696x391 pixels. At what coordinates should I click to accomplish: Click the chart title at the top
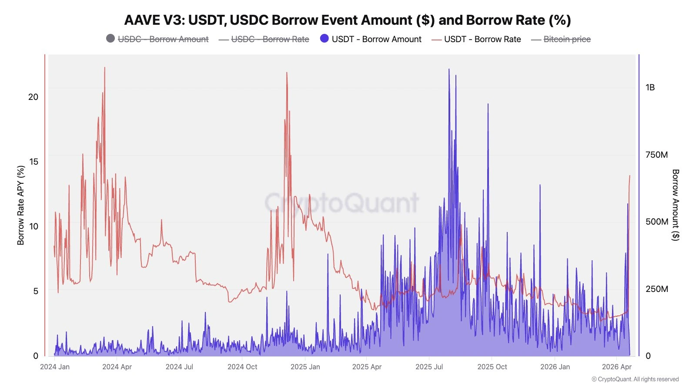(x=348, y=20)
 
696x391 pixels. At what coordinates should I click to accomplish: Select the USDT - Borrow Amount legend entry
(x=371, y=39)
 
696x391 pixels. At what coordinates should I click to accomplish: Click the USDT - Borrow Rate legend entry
(x=476, y=39)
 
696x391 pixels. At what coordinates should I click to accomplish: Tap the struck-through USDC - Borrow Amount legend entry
(x=157, y=39)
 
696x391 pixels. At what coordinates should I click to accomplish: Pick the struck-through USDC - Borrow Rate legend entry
(x=264, y=39)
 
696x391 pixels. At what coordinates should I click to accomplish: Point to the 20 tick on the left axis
(x=33, y=97)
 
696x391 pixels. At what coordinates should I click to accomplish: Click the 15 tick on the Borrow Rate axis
(x=33, y=162)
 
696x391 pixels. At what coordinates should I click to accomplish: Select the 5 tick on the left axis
(x=36, y=291)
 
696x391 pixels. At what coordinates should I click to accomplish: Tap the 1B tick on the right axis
(x=650, y=88)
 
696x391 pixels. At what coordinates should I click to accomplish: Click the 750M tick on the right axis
(x=656, y=155)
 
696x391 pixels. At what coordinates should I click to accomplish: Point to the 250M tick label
(x=656, y=289)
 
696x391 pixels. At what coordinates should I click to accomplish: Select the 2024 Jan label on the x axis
(x=55, y=367)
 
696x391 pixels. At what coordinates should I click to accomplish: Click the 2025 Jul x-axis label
(x=429, y=367)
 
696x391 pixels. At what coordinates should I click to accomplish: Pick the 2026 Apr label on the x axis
(x=616, y=367)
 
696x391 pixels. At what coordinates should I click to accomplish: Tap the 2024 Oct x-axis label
(x=242, y=367)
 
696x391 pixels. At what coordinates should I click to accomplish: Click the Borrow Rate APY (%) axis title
(x=21, y=205)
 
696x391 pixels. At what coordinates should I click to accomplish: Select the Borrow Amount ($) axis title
(x=675, y=205)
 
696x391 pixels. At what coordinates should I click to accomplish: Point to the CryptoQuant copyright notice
(x=635, y=379)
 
